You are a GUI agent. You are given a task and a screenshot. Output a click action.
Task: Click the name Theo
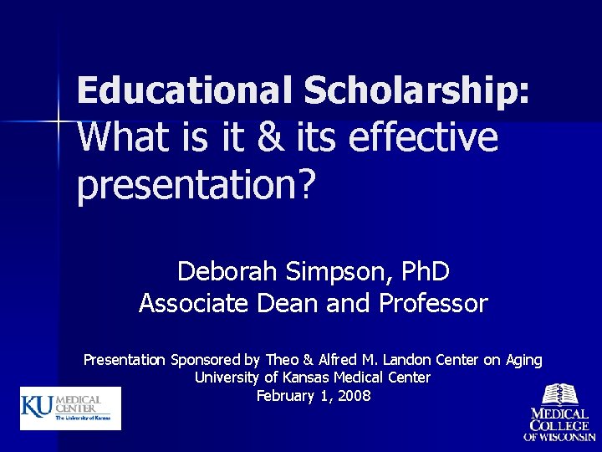point(283,360)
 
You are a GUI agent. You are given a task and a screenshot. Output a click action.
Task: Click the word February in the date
point(285,396)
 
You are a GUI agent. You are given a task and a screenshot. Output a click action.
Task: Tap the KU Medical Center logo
point(71,408)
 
